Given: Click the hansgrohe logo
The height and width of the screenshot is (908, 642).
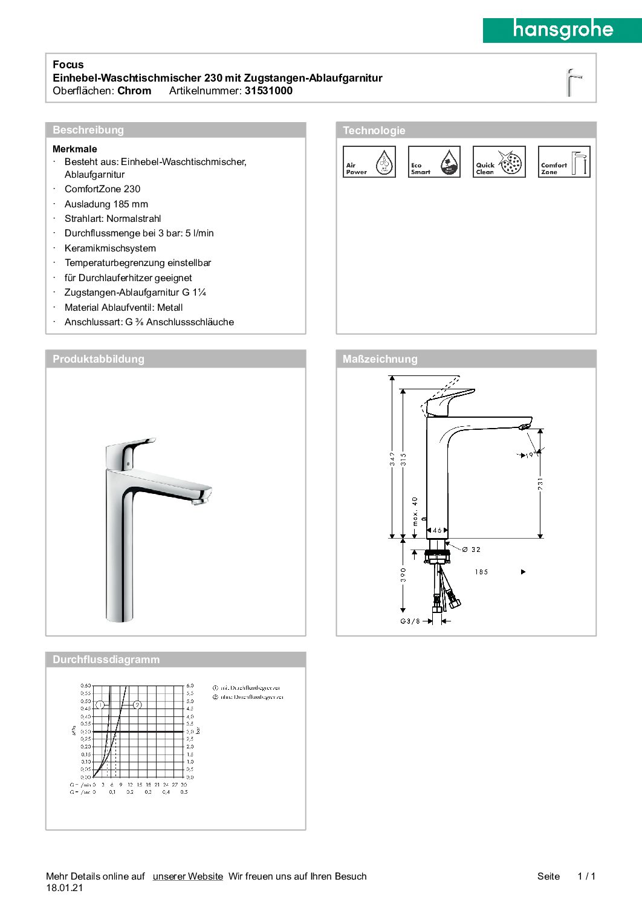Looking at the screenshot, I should point(562,30).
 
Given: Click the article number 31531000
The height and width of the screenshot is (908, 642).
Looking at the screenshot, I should point(268,91).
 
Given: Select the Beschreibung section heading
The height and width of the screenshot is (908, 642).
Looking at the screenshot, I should point(88,130).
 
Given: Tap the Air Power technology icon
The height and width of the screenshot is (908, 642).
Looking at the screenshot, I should point(369,162).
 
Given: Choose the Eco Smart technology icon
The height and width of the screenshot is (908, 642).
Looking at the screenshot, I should point(434,162).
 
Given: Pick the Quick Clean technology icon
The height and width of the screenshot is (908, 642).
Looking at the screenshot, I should point(499,162).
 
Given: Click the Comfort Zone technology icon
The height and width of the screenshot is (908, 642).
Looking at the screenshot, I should point(564,162).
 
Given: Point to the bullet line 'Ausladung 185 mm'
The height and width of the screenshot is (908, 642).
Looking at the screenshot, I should point(106,204).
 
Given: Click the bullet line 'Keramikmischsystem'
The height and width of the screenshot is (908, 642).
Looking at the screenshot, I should point(110,248).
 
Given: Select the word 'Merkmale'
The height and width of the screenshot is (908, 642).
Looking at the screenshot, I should point(75,149).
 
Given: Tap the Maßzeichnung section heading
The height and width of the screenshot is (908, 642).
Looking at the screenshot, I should point(380,359).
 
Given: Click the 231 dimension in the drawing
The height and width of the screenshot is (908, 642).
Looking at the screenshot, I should point(540,484).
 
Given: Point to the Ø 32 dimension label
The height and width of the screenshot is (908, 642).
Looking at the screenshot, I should point(471,550).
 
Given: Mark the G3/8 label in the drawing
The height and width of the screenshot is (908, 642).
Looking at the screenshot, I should point(410,621).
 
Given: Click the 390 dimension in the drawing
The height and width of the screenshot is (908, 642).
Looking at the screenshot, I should point(403,574).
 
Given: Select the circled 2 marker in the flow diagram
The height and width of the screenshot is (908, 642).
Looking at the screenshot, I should point(137,705).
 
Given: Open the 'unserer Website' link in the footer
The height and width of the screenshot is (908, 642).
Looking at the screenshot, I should point(188,877).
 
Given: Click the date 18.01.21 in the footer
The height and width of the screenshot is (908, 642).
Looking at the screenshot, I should point(65,888).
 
